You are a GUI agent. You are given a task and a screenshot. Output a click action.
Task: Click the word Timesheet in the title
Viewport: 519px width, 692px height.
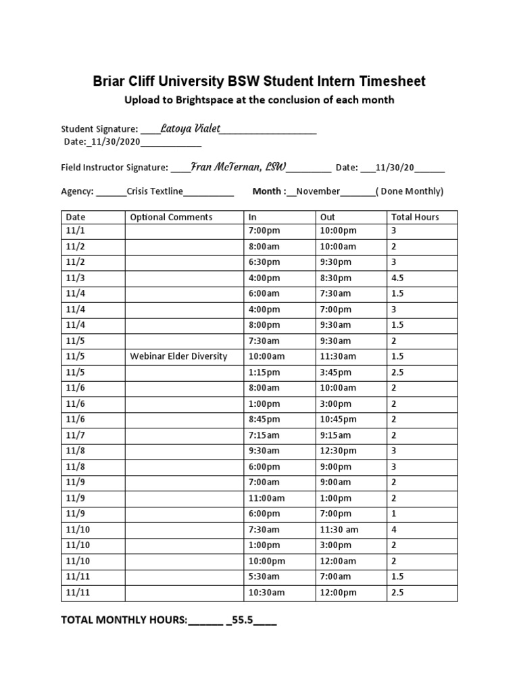tap(391, 82)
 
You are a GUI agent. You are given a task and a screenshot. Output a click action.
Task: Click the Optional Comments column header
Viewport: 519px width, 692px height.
tap(171, 217)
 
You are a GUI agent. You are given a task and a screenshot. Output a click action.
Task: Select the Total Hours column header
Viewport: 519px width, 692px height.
tap(415, 217)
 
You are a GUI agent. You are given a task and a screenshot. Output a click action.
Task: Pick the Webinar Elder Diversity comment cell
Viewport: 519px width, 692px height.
tap(178, 356)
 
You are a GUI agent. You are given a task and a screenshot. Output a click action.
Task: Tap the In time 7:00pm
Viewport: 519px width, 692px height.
tap(264, 230)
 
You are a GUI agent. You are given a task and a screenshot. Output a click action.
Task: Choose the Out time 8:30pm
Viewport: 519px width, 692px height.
tap(336, 278)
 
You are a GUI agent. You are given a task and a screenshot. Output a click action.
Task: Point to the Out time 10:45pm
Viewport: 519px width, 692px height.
tap(339, 419)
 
